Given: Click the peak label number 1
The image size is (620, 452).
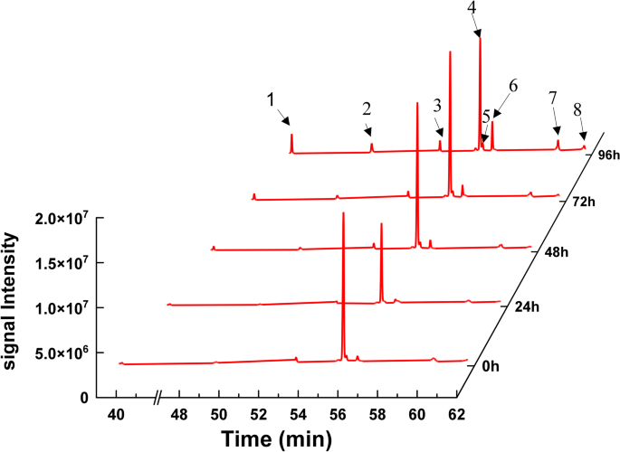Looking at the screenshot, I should [x=271, y=99].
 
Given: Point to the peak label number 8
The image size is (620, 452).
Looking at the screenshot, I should [x=577, y=108].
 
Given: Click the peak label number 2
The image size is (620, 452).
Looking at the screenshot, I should [x=367, y=108].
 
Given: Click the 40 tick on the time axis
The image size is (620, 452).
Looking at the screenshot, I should [x=116, y=414].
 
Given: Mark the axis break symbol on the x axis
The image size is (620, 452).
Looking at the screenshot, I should [x=159, y=397].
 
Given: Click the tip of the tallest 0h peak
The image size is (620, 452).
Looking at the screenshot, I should [x=343, y=213].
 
